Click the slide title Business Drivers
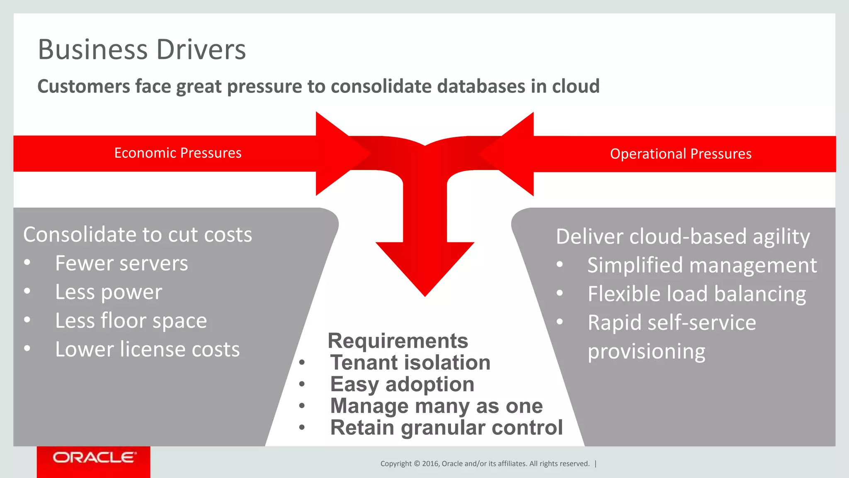pyautogui.click(x=142, y=50)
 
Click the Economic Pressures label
pyautogui.click(x=178, y=153)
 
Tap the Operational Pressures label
pyautogui.click(x=681, y=154)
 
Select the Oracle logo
pyautogui.click(x=94, y=457)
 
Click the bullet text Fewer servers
pyautogui.click(x=121, y=263)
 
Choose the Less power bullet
pyautogui.click(x=109, y=292)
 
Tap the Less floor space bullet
pyautogui.click(x=131, y=321)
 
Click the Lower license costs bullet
pyautogui.click(x=148, y=349)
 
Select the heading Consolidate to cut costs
pyautogui.click(x=138, y=235)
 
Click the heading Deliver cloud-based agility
pyautogui.click(x=683, y=237)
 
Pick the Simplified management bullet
pyautogui.click(x=702, y=265)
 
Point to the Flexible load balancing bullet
pyautogui.click(x=697, y=294)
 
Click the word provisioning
pyautogui.click(x=646, y=351)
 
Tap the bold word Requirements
pyautogui.click(x=398, y=341)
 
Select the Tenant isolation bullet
pyautogui.click(x=410, y=363)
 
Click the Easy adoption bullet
pyautogui.click(x=402, y=384)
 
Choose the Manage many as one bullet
pyautogui.click(x=436, y=406)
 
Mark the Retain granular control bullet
pyautogui.click(x=446, y=427)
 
